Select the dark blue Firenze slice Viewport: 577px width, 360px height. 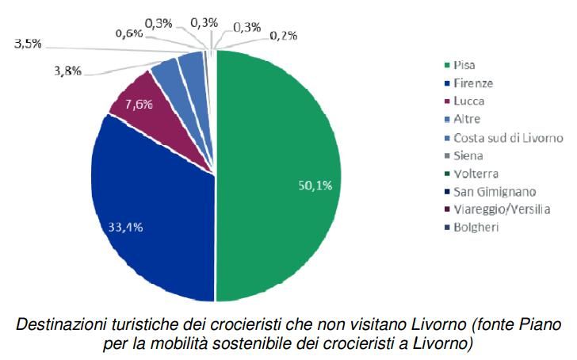tap(151, 206)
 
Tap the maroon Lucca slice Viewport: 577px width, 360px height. tap(139, 99)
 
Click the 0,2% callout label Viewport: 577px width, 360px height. tap(284, 35)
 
